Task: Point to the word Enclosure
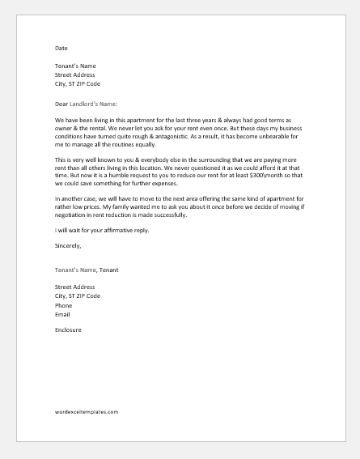[68, 330]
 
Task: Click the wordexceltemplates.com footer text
[82, 411]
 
